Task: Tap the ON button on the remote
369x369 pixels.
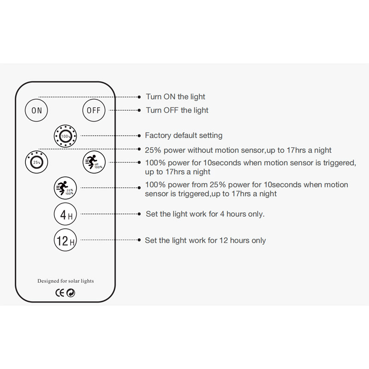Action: pyautogui.click(x=36, y=110)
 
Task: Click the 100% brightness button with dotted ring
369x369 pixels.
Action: pyautogui.click(x=65, y=136)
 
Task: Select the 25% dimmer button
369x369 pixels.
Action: pyautogui.click(x=36, y=162)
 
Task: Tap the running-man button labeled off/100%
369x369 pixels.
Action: pyautogui.click(x=94, y=162)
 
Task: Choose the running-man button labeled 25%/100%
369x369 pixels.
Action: pyautogui.click(x=65, y=188)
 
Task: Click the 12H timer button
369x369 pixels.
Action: pyautogui.click(x=65, y=240)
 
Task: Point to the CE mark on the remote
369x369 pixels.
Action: pyautogui.click(x=60, y=293)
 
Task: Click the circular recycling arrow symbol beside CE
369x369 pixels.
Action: pyautogui.click(x=71, y=293)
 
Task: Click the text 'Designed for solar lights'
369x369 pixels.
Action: pyautogui.click(x=65, y=281)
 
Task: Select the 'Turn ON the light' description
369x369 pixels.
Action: pyautogui.click(x=176, y=97)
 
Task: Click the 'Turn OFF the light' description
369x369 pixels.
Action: pyautogui.click(x=177, y=110)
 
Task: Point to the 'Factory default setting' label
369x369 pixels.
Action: pyautogui.click(x=184, y=135)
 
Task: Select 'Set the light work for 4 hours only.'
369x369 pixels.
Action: pyautogui.click(x=205, y=214)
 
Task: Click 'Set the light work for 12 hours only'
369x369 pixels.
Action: pyautogui.click(x=205, y=240)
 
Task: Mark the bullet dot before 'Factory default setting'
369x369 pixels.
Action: pyautogui.click(x=139, y=136)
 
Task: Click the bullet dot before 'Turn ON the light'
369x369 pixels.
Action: pyautogui.click(x=139, y=97)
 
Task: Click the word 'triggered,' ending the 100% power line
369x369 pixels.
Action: pyautogui.click(x=339, y=163)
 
